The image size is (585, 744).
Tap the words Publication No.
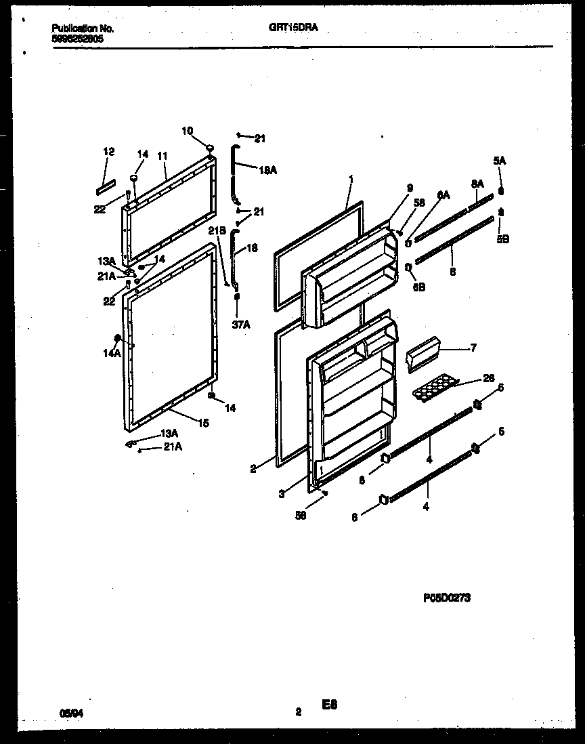tap(83, 29)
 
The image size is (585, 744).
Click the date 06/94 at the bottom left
tap(69, 712)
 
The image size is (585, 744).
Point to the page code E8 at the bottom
tap(329, 705)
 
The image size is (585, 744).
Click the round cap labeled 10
tap(210, 148)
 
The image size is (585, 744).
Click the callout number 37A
tap(242, 325)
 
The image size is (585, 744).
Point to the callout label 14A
tap(109, 352)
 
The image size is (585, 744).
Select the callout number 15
tap(203, 423)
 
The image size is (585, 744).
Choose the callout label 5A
tap(499, 161)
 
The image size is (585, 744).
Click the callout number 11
tap(162, 156)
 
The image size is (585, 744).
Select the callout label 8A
tap(477, 184)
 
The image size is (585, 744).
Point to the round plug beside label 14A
tap(119, 337)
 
